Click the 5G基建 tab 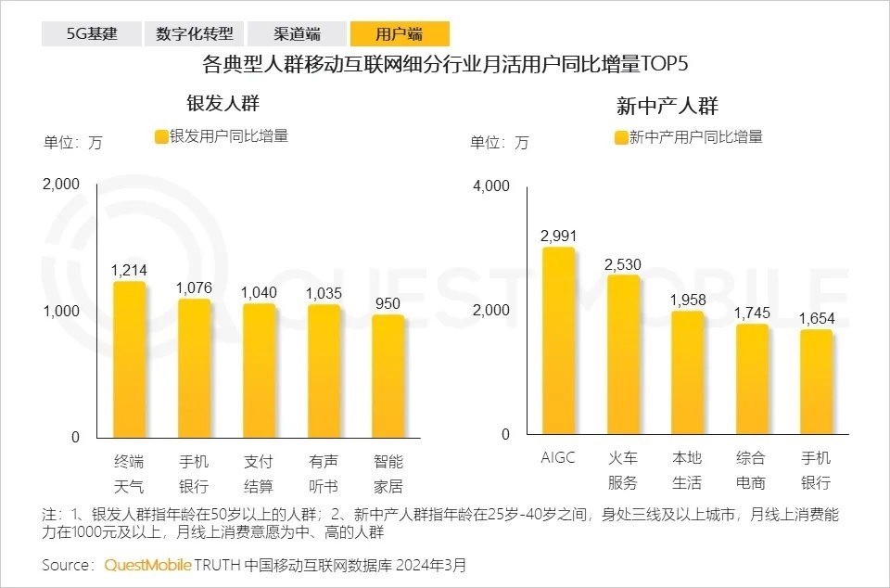tap(91, 34)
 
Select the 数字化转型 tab tap(195, 34)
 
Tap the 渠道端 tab tap(297, 34)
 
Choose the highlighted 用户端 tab tap(400, 34)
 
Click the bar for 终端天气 tap(129, 360)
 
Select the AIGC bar tap(558, 341)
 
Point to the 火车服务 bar tap(623, 355)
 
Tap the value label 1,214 tap(129, 270)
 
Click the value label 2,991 tap(558, 236)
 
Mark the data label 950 tap(388, 303)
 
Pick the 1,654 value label tap(817, 318)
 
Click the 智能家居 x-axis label tap(388, 473)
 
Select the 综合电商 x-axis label tap(752, 470)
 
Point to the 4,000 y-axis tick tap(491, 185)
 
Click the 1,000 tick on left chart tap(61, 311)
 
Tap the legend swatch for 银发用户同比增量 tap(161, 136)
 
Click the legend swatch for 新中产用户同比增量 tap(621, 137)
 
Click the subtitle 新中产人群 tap(667, 105)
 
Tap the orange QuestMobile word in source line tap(147, 565)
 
